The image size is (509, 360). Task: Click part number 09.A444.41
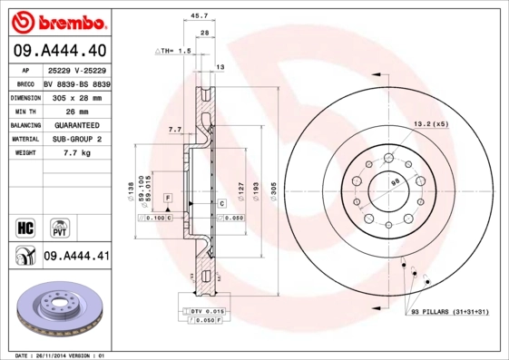pos(76,257)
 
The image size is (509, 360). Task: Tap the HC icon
pos(25,226)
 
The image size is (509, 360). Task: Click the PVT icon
pos(61,226)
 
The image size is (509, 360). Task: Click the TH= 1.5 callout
pos(173,52)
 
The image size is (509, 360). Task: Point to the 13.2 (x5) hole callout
pos(431,123)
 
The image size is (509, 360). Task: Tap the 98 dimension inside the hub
pos(395,182)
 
